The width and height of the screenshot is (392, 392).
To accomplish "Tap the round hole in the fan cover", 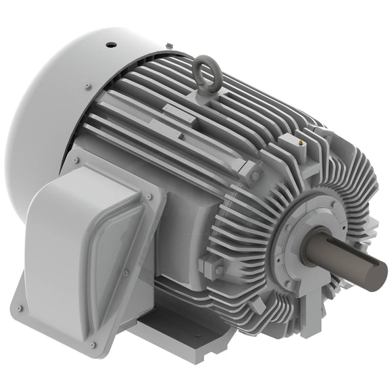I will tap(110, 46).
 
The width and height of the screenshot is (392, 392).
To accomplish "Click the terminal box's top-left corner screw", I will tap(76, 161).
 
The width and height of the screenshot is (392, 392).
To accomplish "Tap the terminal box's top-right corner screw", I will tap(148, 197).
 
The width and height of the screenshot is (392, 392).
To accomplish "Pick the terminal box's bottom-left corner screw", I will tap(20, 308).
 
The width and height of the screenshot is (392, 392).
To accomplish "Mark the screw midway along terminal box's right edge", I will tap(126, 273).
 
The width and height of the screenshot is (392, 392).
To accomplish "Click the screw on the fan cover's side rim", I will tap(88, 86).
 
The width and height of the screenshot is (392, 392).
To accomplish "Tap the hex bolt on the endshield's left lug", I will tap(218, 270).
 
